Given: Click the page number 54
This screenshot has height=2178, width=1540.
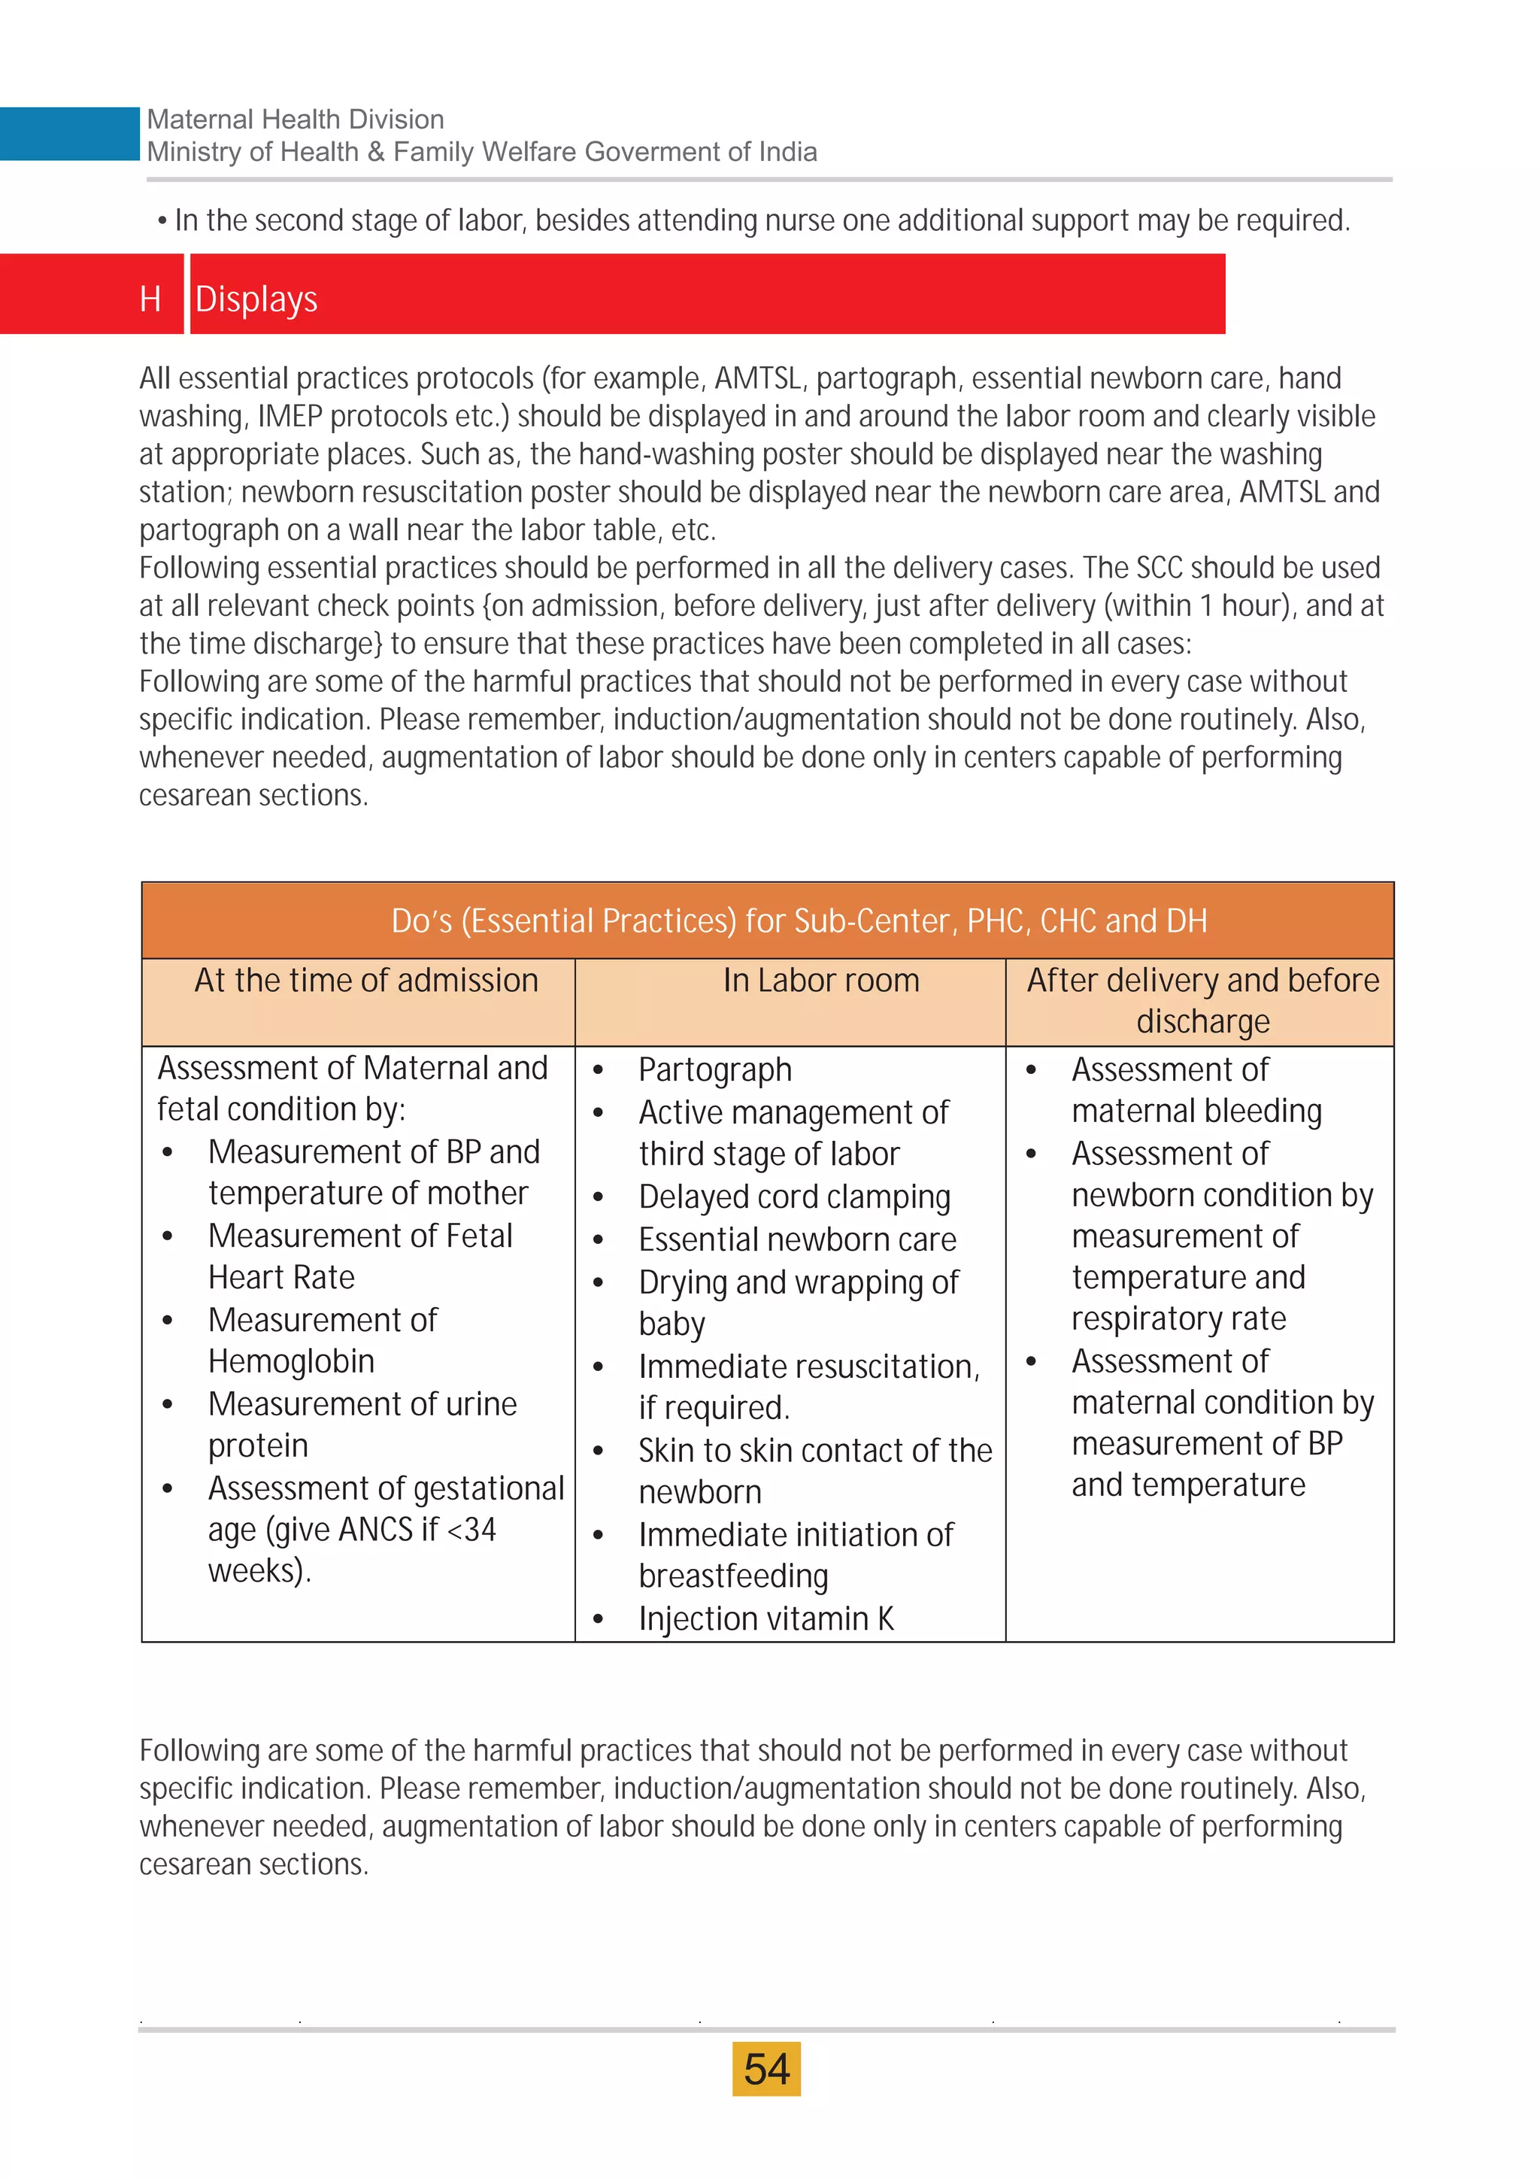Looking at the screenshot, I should (x=766, y=2069).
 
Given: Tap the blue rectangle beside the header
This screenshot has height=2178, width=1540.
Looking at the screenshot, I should (x=69, y=134).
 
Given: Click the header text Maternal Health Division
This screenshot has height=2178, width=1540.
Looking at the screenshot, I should (x=295, y=120).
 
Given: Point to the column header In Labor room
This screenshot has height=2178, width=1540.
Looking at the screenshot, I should (x=820, y=980).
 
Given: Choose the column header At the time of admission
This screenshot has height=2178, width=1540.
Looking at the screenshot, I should (x=366, y=980).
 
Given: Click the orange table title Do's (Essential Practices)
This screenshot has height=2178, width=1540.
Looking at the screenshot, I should (x=799, y=920).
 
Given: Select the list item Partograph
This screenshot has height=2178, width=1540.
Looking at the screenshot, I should (x=714, y=1069).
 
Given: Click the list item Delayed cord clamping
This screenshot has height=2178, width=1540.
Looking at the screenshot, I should (x=794, y=1197).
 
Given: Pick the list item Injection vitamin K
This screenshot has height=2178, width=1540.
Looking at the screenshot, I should (x=765, y=1618).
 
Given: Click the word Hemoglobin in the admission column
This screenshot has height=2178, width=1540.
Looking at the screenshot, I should (x=291, y=1361).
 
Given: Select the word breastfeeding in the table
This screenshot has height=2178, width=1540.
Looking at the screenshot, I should (x=733, y=1576).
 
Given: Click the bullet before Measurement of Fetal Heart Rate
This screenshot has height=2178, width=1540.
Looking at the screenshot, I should (x=168, y=1236).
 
